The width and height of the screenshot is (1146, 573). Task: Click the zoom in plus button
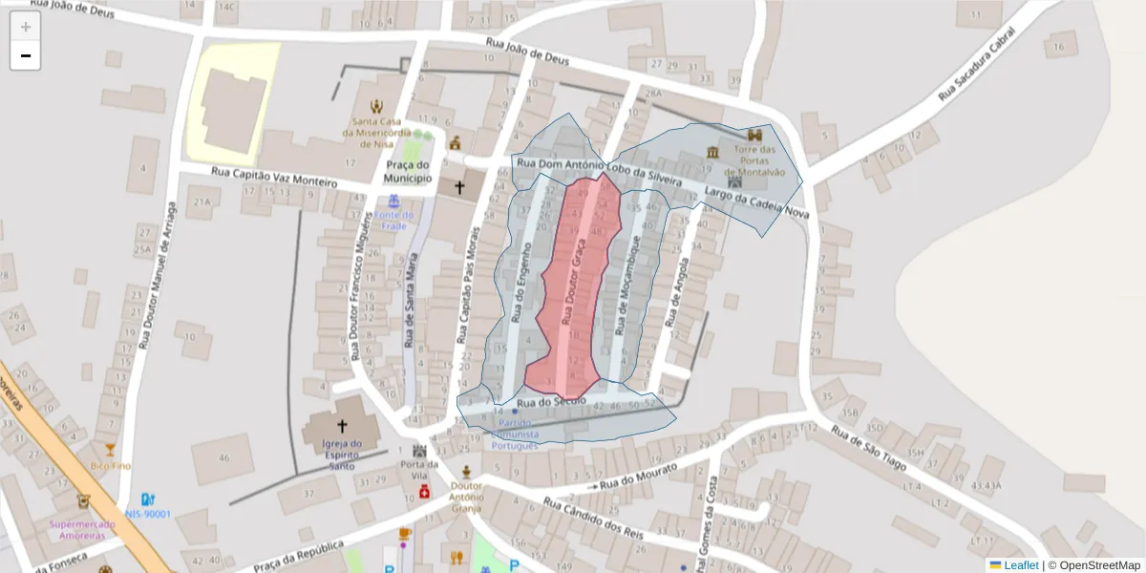tap(25, 27)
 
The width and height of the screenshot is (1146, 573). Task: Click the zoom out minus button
tap(25, 55)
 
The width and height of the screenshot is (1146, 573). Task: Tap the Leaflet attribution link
tap(1021, 564)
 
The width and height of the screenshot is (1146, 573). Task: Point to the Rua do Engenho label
tap(521, 284)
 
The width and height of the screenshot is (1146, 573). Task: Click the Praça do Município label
tap(409, 172)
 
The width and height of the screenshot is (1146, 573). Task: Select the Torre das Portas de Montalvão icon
tap(755, 136)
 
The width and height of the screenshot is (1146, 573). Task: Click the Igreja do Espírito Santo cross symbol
tap(341, 426)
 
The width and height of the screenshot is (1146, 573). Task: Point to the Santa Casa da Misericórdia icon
tap(377, 105)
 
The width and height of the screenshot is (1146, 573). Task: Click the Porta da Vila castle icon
tap(418, 450)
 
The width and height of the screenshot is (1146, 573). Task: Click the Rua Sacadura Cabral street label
tap(975, 63)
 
